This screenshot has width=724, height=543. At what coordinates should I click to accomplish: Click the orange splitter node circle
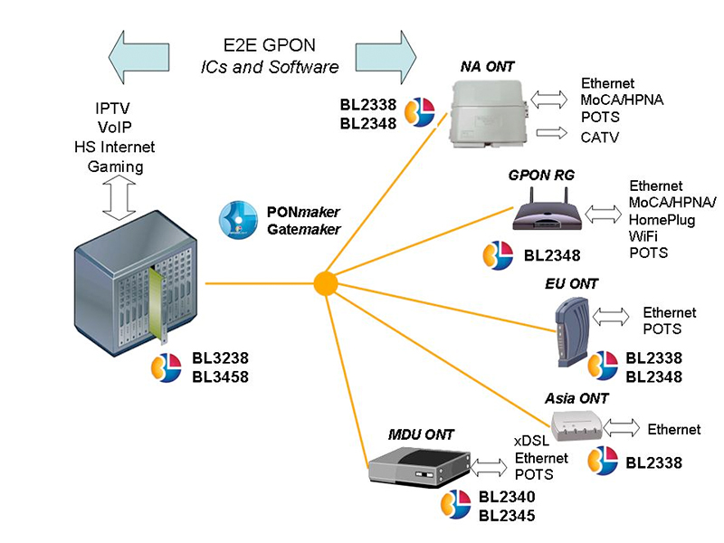(326, 283)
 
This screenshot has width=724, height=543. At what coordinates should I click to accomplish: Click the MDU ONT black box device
(420, 465)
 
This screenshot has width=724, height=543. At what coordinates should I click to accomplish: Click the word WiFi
(644, 236)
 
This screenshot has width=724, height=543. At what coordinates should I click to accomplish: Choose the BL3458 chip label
(220, 375)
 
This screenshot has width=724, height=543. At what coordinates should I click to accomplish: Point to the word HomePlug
(662, 220)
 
